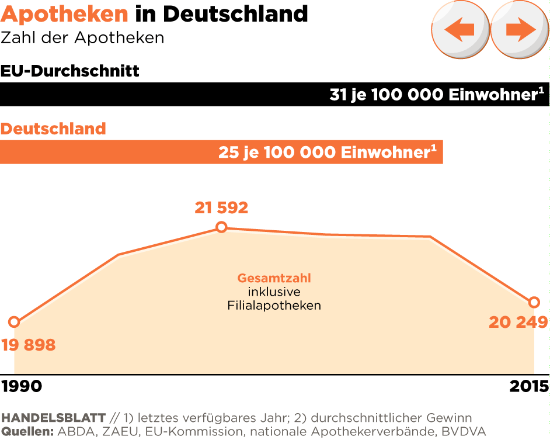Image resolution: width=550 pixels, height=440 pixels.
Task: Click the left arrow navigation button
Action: point(460,29)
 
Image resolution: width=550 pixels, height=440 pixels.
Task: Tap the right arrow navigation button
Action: point(519,29)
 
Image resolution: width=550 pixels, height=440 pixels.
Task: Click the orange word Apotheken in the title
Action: point(64,13)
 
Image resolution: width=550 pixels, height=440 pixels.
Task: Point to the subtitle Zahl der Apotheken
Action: point(82,39)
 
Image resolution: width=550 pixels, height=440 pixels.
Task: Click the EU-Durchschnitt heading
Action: point(70,71)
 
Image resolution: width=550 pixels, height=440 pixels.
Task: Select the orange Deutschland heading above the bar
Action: point(53,129)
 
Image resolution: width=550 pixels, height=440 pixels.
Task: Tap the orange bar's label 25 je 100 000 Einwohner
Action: point(328,152)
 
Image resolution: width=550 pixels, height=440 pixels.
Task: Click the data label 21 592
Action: point(221,207)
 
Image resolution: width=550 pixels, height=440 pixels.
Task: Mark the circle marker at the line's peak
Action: point(221,227)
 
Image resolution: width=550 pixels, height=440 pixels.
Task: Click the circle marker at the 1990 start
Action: point(15,322)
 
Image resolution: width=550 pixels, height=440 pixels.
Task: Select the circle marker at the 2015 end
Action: point(534,302)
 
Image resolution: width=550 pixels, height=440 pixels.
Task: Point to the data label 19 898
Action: point(29,345)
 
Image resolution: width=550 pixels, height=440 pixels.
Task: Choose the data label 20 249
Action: point(518,322)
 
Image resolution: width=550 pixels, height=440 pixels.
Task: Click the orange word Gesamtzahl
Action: point(274,279)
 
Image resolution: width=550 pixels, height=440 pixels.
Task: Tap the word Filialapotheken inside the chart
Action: point(274,306)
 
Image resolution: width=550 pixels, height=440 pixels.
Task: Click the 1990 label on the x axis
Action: point(22,386)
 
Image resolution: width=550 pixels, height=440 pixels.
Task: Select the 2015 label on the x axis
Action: point(529,386)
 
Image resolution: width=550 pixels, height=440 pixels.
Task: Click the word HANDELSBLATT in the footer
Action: point(54,418)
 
